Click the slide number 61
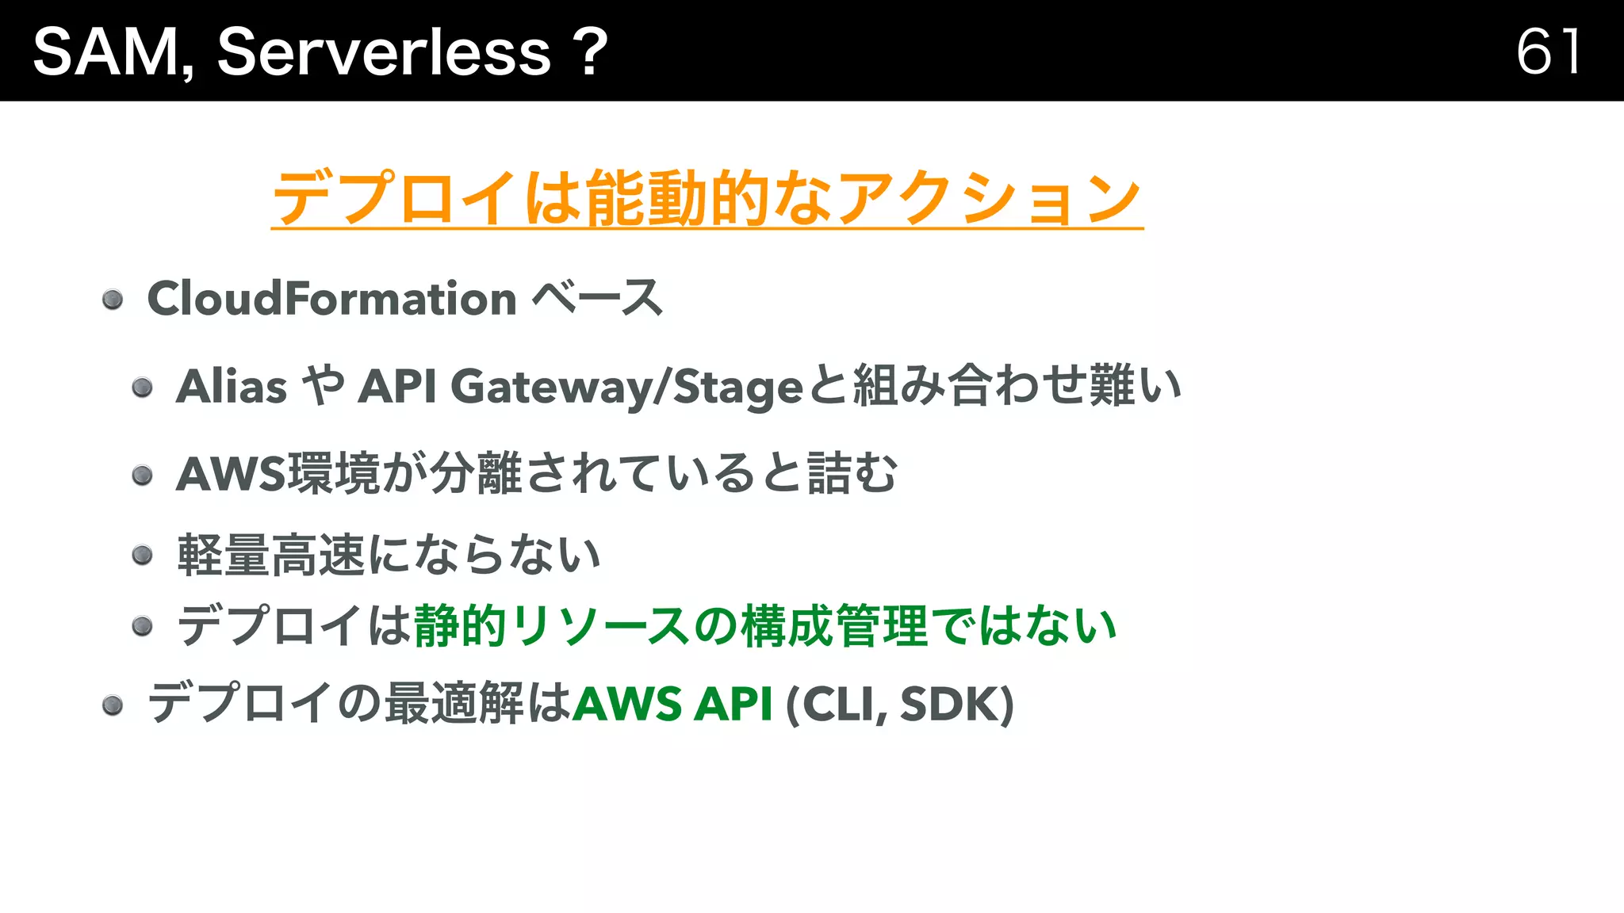1548,52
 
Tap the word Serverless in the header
384,52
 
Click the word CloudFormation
331,299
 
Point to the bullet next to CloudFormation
113,300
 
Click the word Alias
231,387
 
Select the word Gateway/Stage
626,387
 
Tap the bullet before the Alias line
142,388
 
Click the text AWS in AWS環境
230,474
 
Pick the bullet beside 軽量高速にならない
142,555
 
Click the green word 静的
460,626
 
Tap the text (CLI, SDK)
899,704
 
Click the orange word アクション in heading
988,198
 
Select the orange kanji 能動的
677,198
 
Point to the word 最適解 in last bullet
454,704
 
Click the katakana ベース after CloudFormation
596,299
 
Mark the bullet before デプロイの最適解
113,705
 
